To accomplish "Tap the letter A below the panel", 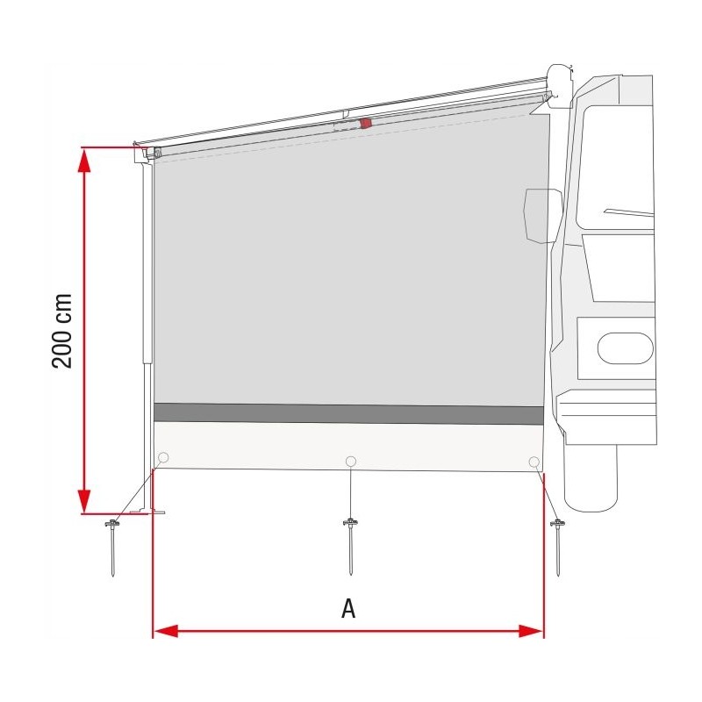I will (348, 609).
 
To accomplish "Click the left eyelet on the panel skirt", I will (163, 458).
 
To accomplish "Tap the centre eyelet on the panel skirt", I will (351, 462).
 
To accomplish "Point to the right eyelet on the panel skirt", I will (534, 462).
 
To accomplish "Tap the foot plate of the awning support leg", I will (155, 511).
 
